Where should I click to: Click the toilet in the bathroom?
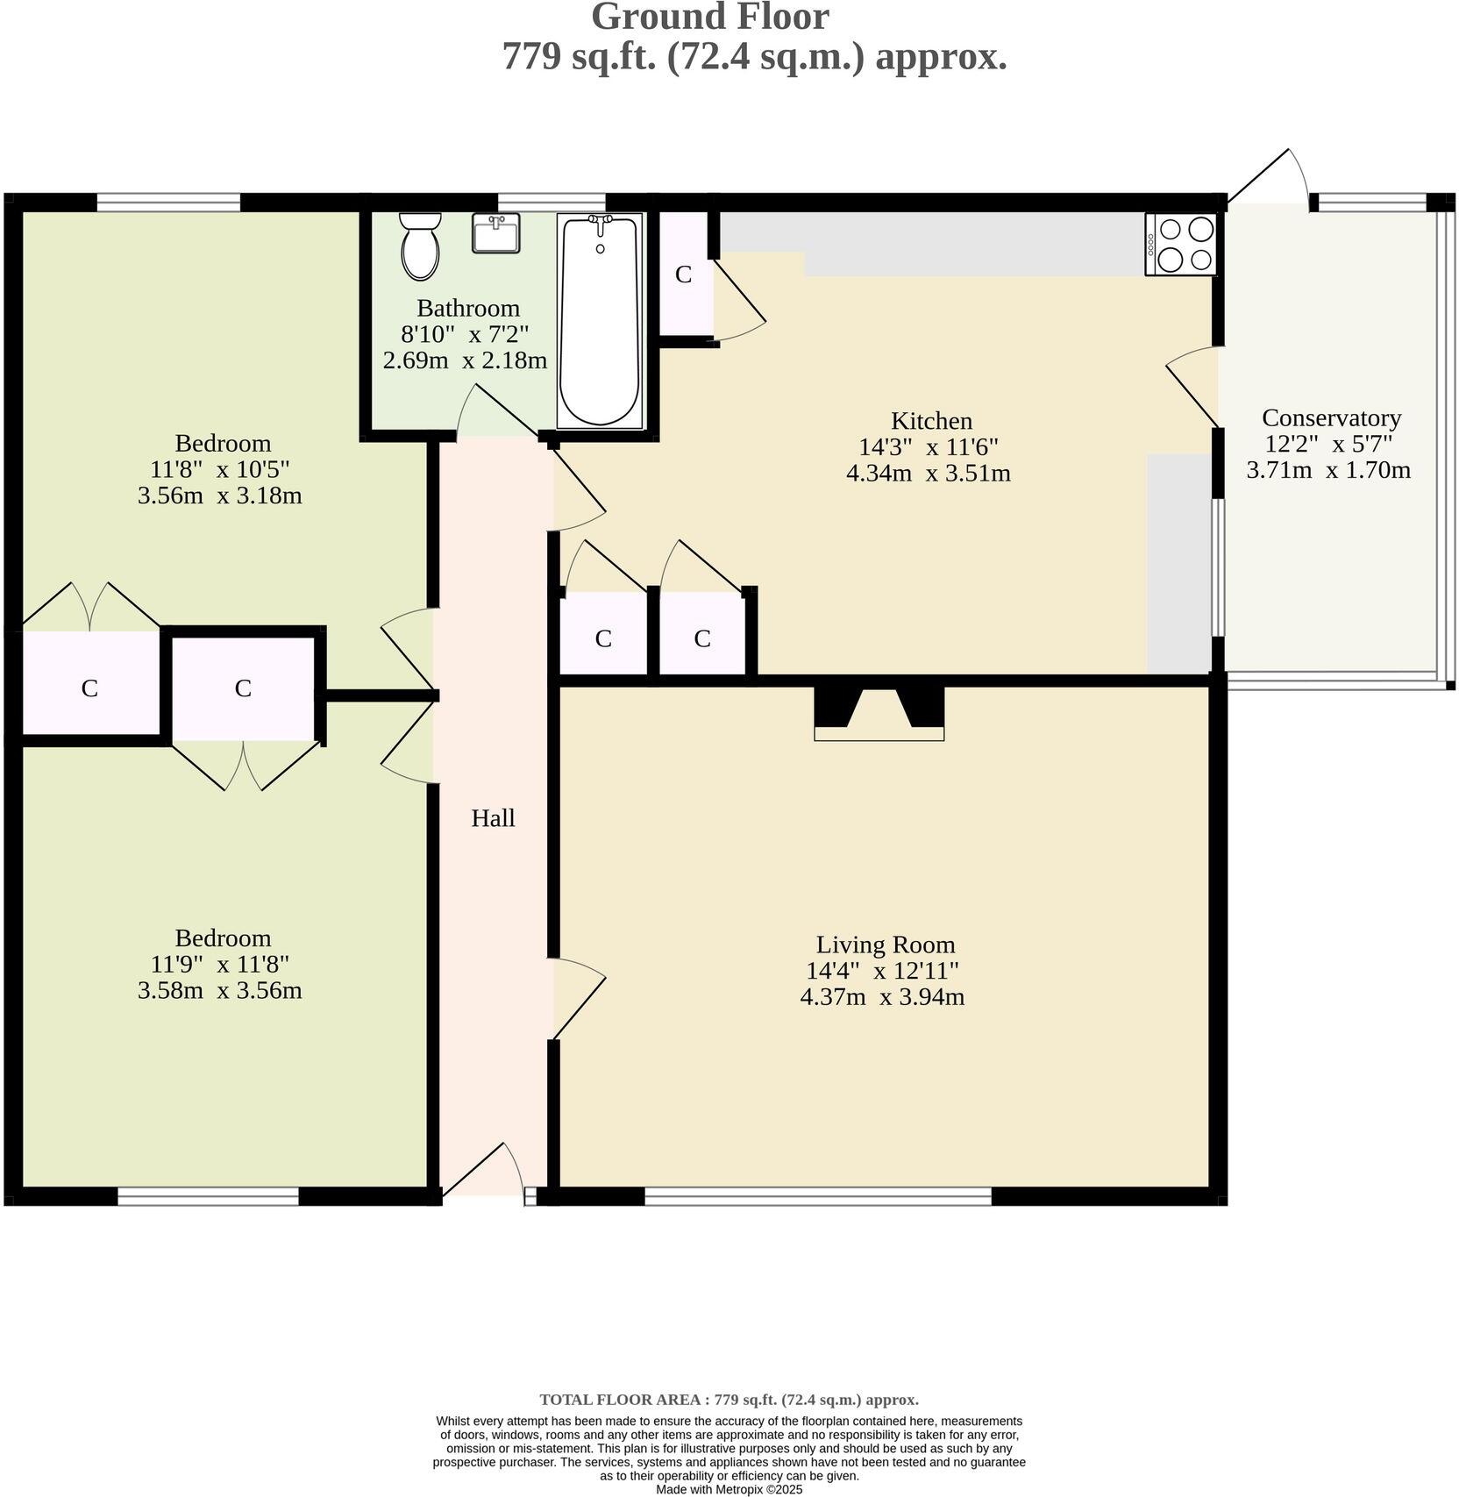click(x=420, y=246)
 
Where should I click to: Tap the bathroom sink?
click(x=496, y=232)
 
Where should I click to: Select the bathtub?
click(x=601, y=321)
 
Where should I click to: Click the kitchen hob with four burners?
click(x=1181, y=245)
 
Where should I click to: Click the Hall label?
click(x=493, y=818)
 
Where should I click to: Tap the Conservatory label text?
click(x=1331, y=417)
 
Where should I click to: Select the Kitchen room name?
click(x=931, y=421)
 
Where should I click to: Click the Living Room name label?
click(x=886, y=945)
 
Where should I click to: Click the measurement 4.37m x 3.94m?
click(x=882, y=997)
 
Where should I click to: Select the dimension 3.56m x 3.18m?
click(x=220, y=495)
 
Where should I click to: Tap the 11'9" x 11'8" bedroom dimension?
click(x=220, y=964)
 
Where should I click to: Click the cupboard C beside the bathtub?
click(x=684, y=274)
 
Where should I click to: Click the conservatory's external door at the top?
click(x=1268, y=176)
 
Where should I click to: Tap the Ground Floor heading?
click(x=710, y=18)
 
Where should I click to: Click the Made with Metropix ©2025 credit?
click(x=729, y=1489)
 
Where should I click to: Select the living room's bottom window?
click(x=818, y=1196)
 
